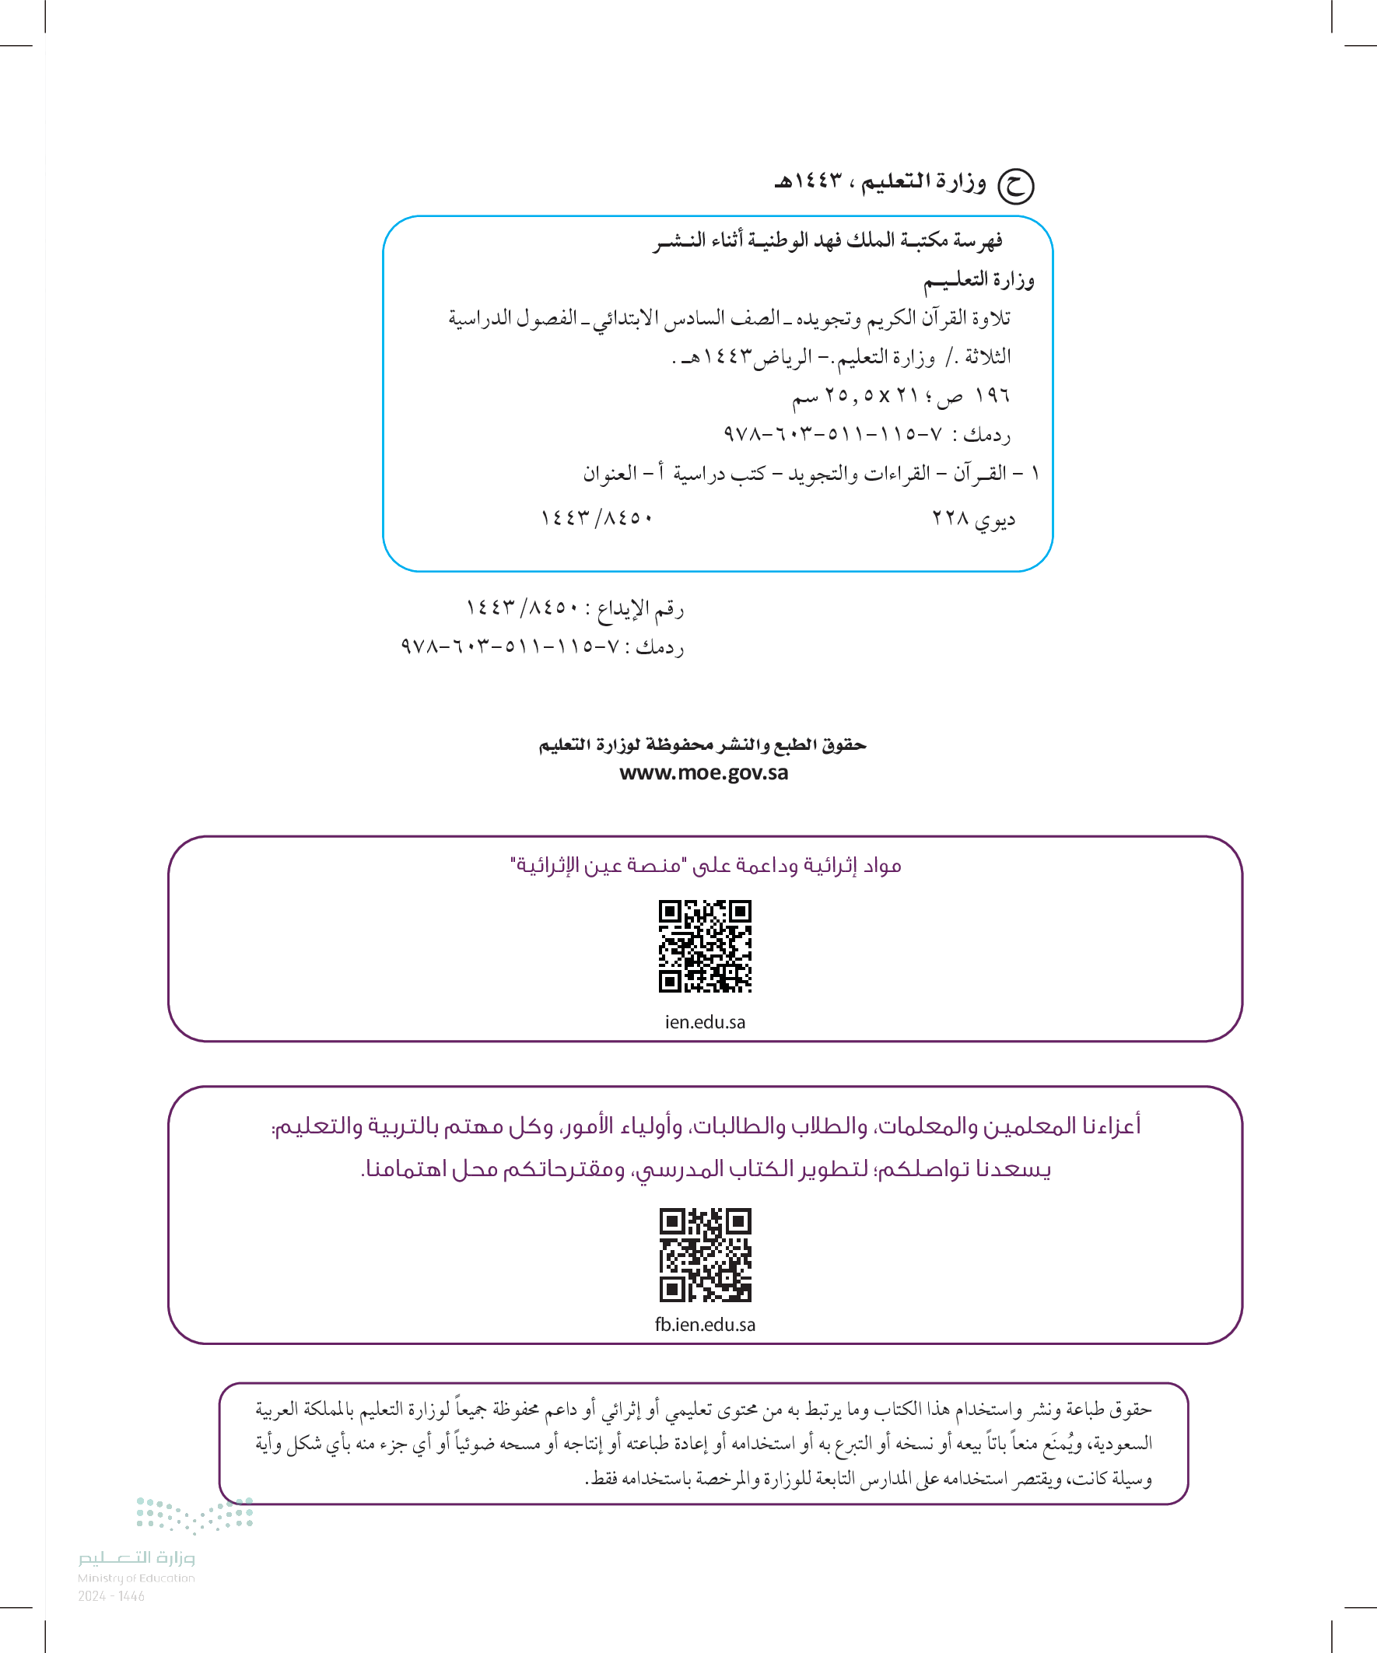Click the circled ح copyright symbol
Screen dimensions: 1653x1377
(1014, 186)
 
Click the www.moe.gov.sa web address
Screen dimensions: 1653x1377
(703, 773)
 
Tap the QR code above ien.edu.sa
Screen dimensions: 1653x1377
(705, 945)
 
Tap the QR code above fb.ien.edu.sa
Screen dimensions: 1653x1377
(705, 1255)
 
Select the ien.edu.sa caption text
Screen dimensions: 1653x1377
(705, 1021)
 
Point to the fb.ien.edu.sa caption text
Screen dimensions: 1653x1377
(705, 1325)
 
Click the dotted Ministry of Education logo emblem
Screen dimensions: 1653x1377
(194, 1515)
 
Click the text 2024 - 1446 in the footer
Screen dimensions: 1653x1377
(111, 1596)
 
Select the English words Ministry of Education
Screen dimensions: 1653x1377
(136, 1578)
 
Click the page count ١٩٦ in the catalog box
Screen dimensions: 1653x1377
(992, 395)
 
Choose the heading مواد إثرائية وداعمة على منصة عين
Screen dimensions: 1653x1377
(705, 866)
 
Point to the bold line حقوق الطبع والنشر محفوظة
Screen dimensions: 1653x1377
(703, 744)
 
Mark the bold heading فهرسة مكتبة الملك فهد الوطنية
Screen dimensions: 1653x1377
(827, 241)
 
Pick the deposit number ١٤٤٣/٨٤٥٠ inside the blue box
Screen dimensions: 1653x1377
(596, 518)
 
